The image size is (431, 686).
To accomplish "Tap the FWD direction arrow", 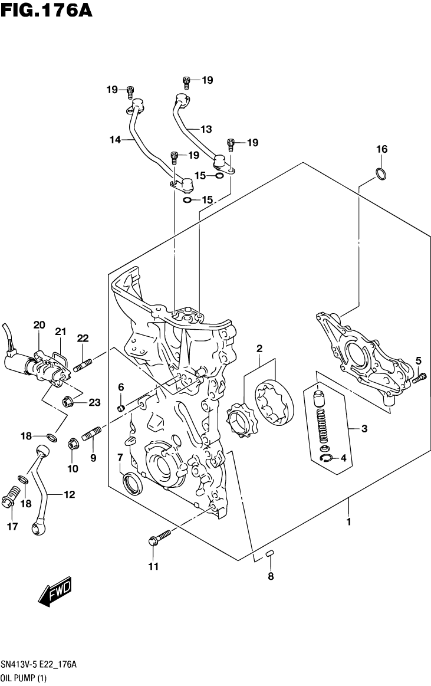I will (55, 590).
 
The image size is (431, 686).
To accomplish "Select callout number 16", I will (382, 149).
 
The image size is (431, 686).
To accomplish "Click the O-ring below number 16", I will (381, 174).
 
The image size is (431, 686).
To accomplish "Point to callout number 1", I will (348, 521).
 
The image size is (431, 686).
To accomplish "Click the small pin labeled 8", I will (271, 553).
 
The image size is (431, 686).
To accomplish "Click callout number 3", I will (364, 429).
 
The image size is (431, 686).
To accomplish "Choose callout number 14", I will (114, 140).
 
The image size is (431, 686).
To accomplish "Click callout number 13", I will (205, 129).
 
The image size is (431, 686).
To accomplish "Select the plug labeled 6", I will (121, 408).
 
